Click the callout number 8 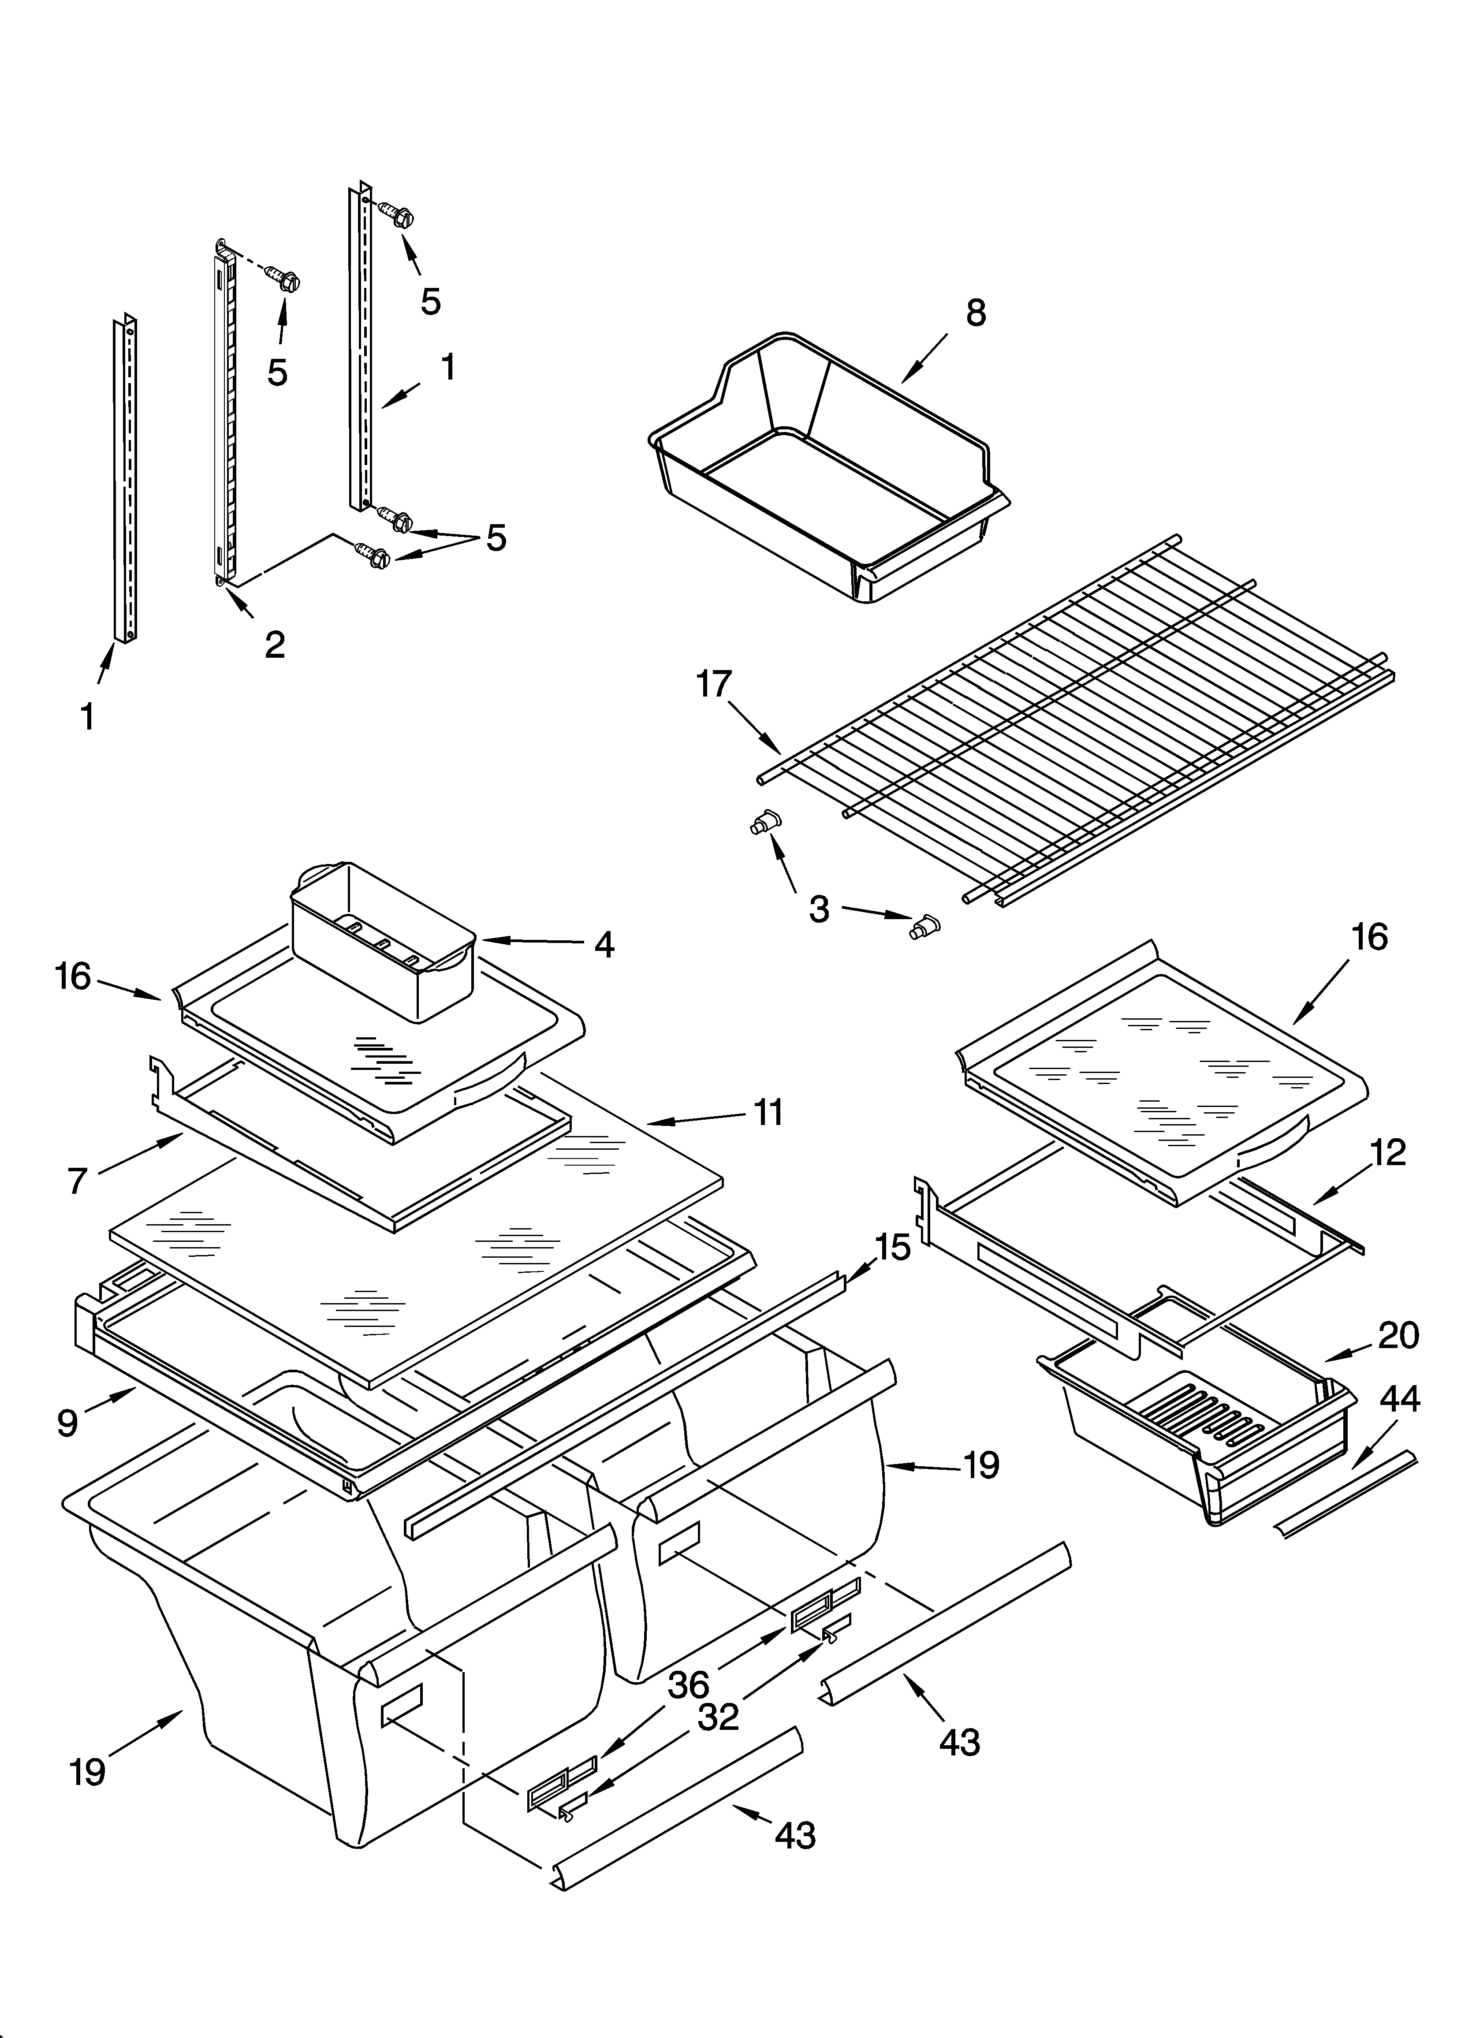click(975, 313)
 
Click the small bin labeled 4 click(382, 939)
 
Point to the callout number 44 click(1400, 1399)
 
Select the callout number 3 click(819, 909)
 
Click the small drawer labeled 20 click(1204, 1438)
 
